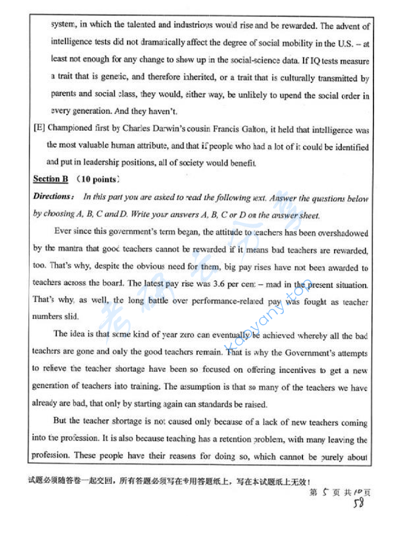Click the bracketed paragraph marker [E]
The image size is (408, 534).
point(39,127)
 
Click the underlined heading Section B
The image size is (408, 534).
point(51,179)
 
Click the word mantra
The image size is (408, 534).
point(71,249)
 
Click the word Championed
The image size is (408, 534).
point(70,128)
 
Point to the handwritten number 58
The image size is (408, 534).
point(359,503)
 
